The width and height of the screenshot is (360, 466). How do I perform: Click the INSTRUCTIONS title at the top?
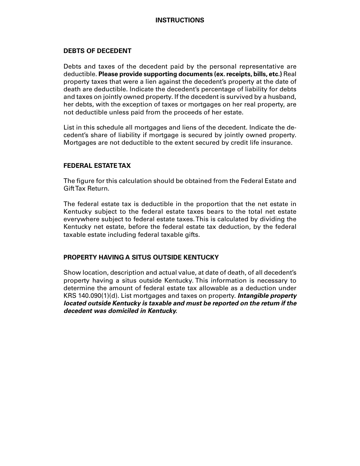coord(180,20)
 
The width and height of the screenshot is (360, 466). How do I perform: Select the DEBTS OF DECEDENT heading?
coord(97,51)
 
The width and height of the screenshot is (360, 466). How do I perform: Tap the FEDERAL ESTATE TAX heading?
coord(97,166)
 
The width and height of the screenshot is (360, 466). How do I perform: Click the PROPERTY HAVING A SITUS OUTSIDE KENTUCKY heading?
coord(141,257)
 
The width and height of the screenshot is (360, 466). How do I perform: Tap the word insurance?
coord(278,143)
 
